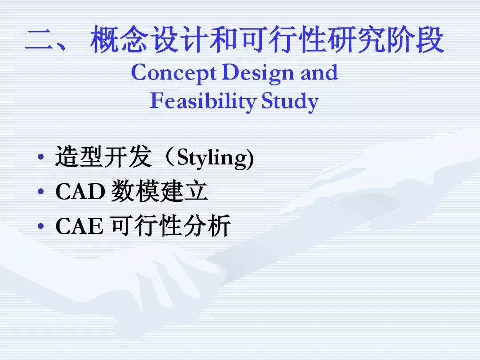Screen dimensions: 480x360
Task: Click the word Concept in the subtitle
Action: (x=174, y=73)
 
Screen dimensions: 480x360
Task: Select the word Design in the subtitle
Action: (x=258, y=73)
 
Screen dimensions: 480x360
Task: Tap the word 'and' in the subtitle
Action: (x=319, y=72)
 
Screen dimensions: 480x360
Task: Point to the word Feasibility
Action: (x=203, y=101)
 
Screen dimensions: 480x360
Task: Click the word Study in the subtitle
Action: (x=290, y=101)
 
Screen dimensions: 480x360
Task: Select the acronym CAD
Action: (x=80, y=192)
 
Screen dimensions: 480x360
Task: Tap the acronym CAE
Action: (x=79, y=226)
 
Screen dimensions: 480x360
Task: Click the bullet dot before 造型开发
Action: (x=40, y=157)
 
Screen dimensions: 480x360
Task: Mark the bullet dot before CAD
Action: (x=40, y=192)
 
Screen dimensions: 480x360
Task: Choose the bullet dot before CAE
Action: (x=40, y=226)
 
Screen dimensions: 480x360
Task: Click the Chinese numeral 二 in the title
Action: (x=39, y=40)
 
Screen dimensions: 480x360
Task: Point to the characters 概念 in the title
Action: (x=119, y=39)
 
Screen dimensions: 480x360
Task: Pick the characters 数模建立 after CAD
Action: (x=159, y=191)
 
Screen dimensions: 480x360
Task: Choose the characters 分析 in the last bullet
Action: (x=207, y=225)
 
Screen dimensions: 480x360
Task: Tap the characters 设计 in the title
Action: (x=179, y=39)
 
